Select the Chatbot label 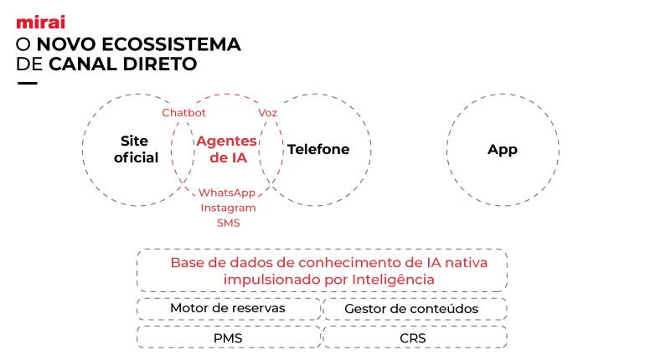(183, 113)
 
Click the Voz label (268, 113)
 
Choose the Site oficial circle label (134, 149)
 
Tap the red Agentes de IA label (226, 149)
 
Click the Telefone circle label (318, 150)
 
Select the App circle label (503, 150)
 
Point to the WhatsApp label (227, 193)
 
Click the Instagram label (228, 208)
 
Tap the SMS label (228, 223)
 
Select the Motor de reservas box (228, 308)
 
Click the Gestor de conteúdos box (411, 309)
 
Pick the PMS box (228, 337)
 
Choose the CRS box (413, 337)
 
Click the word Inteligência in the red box (397, 278)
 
